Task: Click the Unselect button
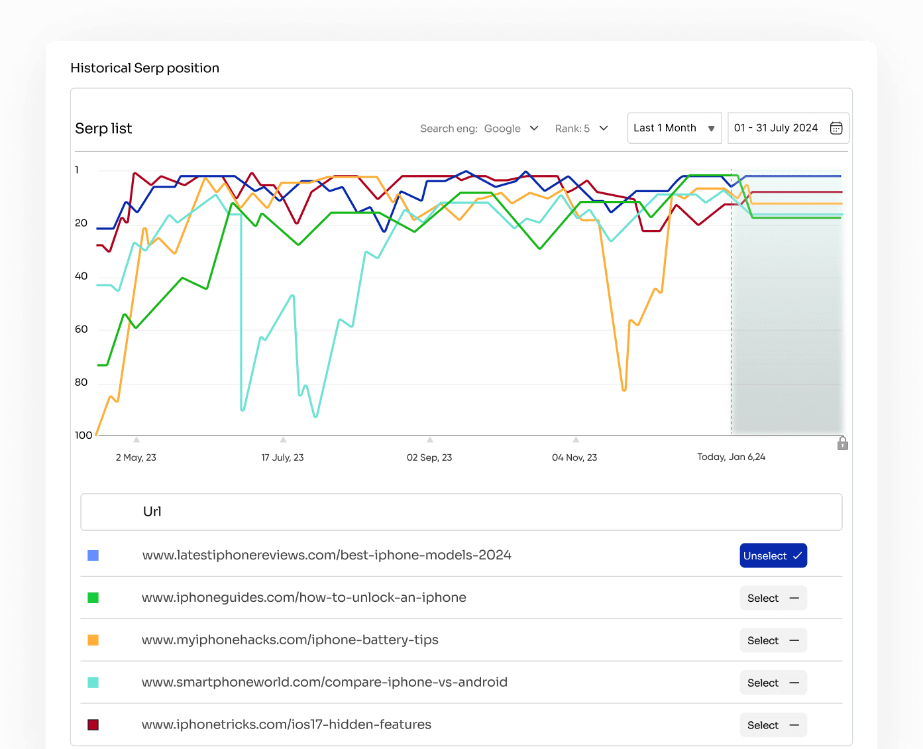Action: (x=773, y=555)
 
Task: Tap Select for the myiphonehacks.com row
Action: (x=773, y=640)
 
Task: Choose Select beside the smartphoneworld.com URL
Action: (x=773, y=683)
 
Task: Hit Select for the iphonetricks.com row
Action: (x=773, y=725)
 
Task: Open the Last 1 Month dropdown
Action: (x=674, y=128)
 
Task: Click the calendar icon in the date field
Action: (x=836, y=128)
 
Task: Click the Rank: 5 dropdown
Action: (x=581, y=129)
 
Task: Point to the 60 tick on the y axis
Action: (x=81, y=329)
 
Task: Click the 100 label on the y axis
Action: (x=83, y=435)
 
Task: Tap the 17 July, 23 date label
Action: (x=282, y=457)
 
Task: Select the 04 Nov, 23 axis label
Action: (x=574, y=457)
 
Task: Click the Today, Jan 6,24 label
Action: (x=731, y=457)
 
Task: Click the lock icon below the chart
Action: (x=842, y=443)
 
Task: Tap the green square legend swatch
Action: (x=93, y=598)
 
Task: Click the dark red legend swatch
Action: (x=93, y=725)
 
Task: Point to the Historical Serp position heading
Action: (x=144, y=68)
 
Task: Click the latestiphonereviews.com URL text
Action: (x=327, y=555)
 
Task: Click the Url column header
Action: (x=152, y=511)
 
